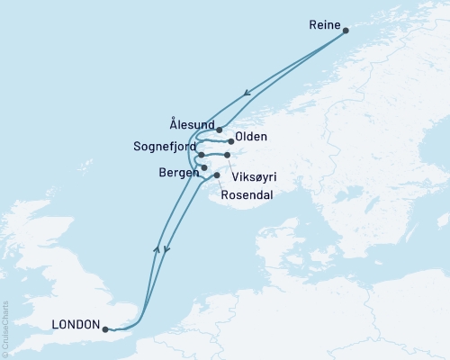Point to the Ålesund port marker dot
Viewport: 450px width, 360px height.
pos(220,130)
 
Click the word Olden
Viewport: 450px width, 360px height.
pos(250,140)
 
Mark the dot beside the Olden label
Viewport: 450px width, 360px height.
pos(231,141)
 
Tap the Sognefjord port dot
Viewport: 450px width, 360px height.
pos(202,156)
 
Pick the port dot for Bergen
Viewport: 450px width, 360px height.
pos(205,167)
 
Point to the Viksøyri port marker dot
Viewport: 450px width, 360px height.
pos(228,156)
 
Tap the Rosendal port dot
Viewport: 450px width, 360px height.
pos(217,175)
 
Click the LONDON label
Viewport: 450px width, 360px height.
pos(76,327)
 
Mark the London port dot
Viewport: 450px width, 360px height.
pos(106,329)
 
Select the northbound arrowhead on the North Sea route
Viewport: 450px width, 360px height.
pos(158,249)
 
